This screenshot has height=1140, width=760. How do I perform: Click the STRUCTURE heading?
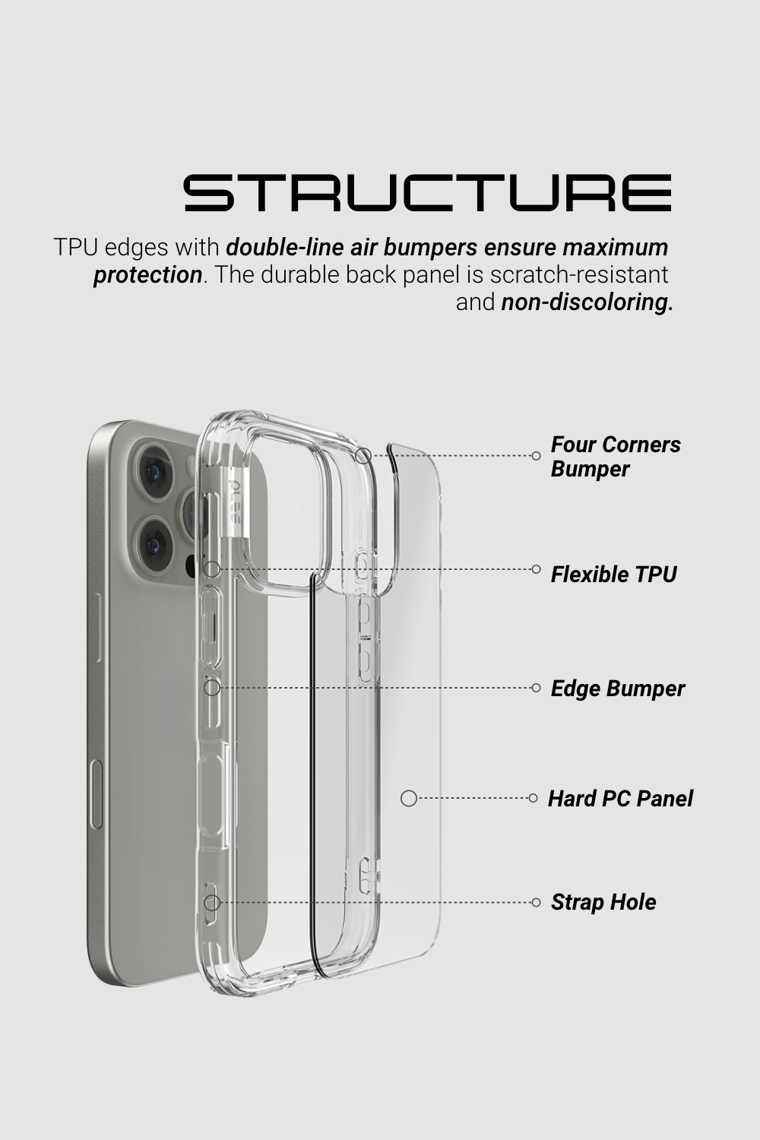428,193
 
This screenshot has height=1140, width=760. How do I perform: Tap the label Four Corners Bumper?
616,457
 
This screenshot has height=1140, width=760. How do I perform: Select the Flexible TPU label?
614,574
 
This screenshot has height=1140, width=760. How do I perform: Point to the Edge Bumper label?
618,689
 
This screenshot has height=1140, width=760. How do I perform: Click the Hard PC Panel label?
620,798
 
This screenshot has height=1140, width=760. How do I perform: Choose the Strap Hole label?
603,902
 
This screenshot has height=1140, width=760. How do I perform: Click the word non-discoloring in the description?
587,302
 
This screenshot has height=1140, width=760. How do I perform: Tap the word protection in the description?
148,275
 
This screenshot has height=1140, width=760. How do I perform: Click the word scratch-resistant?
579,275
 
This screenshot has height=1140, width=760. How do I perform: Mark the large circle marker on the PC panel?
409,799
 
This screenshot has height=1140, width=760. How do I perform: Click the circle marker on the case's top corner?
363,455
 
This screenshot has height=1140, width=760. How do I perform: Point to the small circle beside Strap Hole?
536,902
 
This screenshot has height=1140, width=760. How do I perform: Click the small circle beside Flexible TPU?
536,569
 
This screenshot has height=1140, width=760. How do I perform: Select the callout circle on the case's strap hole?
212,903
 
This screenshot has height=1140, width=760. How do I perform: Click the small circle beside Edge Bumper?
536,688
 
